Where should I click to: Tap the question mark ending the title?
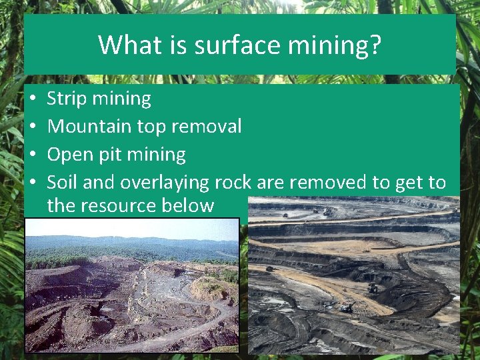tap(375, 45)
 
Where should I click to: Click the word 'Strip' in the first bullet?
tap(67, 99)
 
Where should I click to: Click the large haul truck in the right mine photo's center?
tap(373, 288)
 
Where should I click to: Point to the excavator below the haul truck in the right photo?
tap(346, 308)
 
